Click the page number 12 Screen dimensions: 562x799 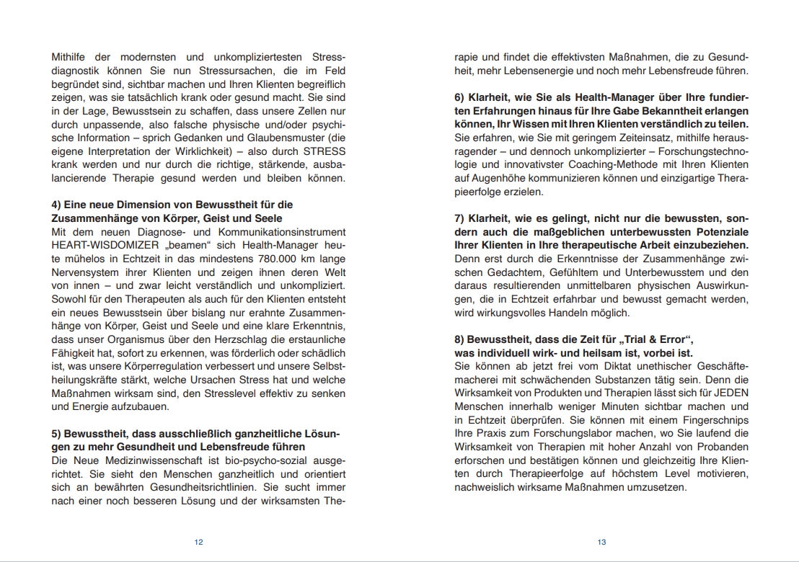tap(199, 543)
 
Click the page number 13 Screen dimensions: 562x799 tap(601, 543)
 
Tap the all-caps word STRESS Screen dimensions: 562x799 tap(324, 151)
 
